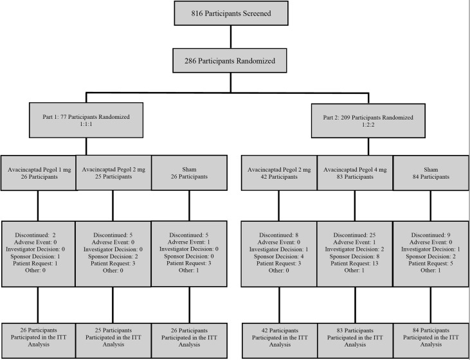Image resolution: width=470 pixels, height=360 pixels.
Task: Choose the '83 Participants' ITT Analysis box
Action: pos(354,341)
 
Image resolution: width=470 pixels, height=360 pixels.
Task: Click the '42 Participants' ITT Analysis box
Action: pos(279,341)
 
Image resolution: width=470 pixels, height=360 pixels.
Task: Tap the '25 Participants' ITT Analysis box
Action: pos(114,341)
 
